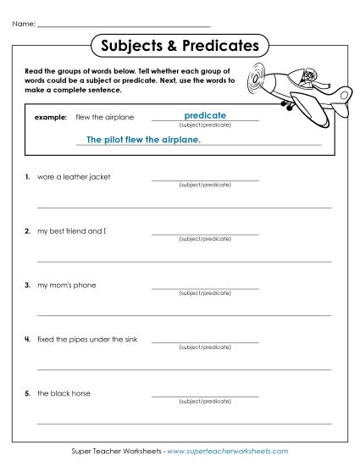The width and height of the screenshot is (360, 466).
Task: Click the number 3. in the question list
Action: click(28, 286)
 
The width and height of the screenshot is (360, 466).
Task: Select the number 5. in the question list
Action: click(28, 394)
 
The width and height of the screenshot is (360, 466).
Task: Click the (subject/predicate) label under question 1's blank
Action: click(205, 186)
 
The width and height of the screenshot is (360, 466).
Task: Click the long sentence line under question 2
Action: click(184, 260)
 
